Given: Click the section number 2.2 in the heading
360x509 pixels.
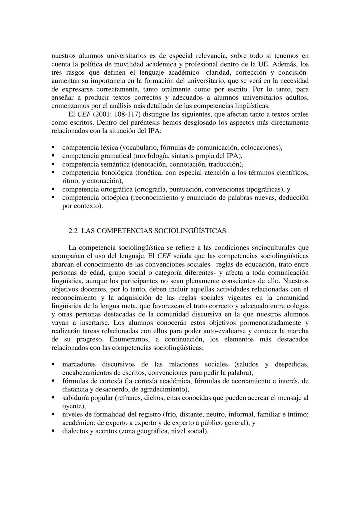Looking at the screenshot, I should [x=73, y=231].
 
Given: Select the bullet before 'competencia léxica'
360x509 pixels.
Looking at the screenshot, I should [x=53, y=147].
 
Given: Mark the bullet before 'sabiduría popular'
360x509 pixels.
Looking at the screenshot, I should [x=53, y=397].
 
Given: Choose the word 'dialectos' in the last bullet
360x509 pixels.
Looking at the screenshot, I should [x=75, y=431].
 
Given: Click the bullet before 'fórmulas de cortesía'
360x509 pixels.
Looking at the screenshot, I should [x=53, y=380].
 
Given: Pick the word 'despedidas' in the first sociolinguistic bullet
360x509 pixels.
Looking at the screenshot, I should [x=291, y=364].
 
